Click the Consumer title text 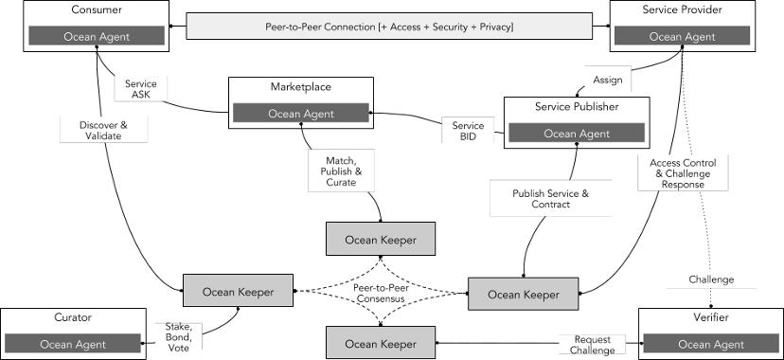97,9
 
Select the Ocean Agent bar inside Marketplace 300,114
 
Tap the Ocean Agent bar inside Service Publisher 577,133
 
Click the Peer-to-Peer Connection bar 389,27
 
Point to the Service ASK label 140,89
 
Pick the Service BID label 468,130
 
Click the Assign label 608,80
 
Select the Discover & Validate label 103,130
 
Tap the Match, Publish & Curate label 341,171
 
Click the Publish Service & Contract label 550,199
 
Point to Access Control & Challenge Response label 683,173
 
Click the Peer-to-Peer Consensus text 382,293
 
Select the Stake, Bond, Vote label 179,337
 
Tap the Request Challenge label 592,345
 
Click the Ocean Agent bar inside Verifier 711,344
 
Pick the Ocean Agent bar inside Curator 73,344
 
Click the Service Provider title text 682,9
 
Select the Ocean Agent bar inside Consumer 97,36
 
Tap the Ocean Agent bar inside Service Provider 682,36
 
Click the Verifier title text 711,317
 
